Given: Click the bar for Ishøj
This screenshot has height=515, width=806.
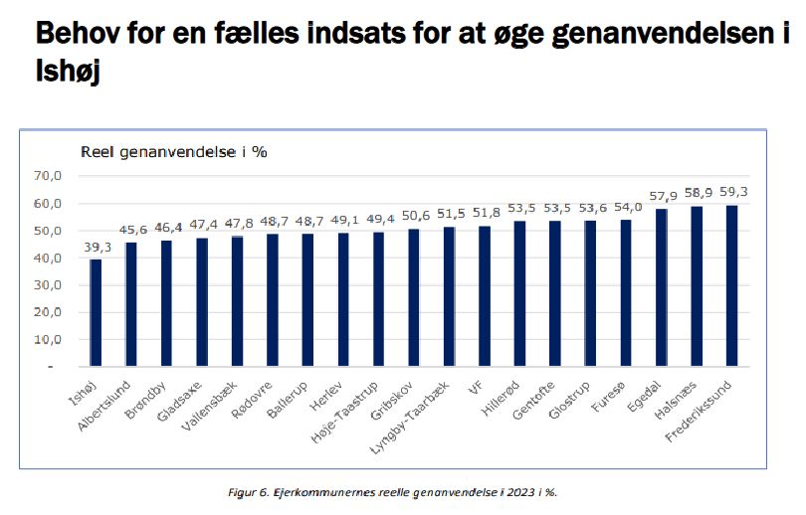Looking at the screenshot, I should tap(96, 312).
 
